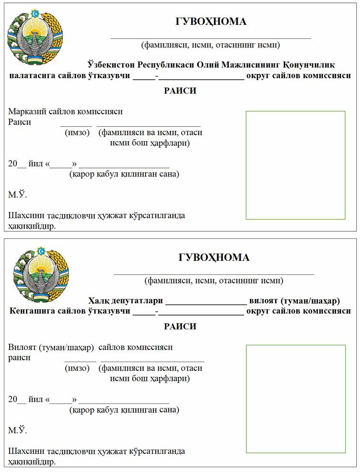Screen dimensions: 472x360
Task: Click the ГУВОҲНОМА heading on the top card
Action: coord(210,22)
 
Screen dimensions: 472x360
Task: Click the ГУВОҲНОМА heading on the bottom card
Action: coord(214,258)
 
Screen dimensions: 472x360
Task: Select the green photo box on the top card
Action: coord(295,165)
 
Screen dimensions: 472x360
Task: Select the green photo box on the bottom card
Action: coord(295,399)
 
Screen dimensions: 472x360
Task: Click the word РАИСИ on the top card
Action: coord(180,91)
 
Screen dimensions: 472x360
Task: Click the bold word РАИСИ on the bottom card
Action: coord(180,327)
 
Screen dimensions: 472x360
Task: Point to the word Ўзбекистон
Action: coord(111,65)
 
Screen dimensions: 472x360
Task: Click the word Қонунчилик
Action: coord(309,65)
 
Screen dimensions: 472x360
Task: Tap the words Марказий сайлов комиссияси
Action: coord(65,112)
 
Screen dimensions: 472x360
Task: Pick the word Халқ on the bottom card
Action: coord(98,301)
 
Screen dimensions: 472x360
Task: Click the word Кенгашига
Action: coord(31,311)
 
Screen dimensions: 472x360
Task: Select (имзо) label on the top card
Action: coord(77,133)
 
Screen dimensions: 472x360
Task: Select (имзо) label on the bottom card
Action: coord(77,368)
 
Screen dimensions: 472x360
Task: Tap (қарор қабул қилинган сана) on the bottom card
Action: coord(124,410)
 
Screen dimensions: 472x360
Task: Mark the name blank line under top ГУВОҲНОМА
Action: coord(210,37)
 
